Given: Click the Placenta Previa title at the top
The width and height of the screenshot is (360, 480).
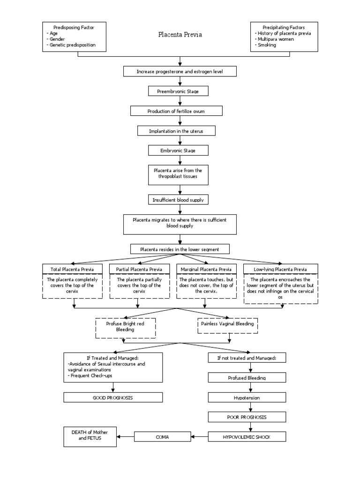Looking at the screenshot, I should [180, 35].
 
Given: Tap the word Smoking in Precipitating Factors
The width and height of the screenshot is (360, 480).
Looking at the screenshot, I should [266, 45].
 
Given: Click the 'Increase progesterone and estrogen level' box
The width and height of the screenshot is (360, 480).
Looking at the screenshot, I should [180, 71].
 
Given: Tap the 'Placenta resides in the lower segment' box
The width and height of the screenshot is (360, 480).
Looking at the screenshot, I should [180, 249].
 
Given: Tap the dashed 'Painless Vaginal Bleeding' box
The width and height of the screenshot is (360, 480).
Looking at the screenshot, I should [228, 324].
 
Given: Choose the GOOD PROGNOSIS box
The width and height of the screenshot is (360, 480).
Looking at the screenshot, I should [112, 397].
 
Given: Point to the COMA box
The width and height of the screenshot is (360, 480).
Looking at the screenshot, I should [163, 436].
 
